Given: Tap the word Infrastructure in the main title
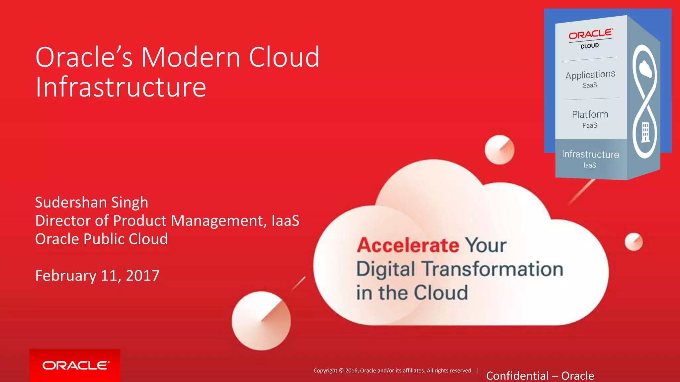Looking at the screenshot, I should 121,87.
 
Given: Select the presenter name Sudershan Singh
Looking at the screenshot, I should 92,202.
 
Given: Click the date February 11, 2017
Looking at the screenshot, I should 97,276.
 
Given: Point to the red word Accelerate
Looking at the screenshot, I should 408,245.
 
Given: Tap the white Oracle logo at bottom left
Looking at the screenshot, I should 75,365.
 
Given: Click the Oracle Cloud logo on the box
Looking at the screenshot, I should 590,38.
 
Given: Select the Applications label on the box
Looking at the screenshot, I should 590,75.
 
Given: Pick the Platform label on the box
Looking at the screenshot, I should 590,115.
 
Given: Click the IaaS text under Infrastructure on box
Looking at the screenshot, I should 590,165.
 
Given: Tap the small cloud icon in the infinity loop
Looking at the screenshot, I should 645,69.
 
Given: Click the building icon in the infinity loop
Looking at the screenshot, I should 645,132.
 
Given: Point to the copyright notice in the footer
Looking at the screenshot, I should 393,371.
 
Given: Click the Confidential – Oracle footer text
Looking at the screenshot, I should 540,376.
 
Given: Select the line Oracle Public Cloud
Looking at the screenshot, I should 102,239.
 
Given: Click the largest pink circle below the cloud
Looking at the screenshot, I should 261,321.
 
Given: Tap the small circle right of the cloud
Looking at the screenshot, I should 634,242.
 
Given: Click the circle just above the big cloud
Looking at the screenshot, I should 499,150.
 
